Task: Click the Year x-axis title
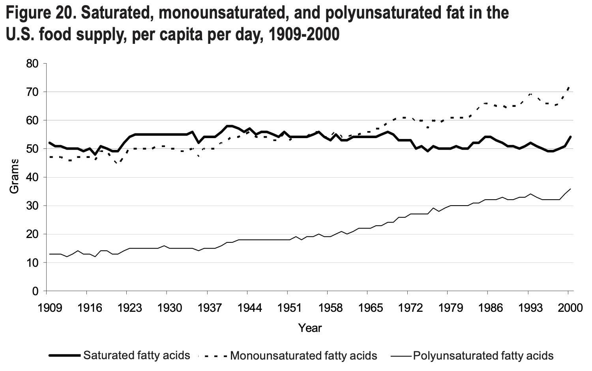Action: pos(310,328)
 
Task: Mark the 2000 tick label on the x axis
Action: pos(568,307)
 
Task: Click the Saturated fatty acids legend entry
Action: pos(137,355)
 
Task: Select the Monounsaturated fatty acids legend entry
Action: pos(303,356)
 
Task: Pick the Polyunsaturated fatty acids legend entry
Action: pos(483,356)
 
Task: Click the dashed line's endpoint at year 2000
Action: pos(569,86)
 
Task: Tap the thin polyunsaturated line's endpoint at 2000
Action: pos(570,189)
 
